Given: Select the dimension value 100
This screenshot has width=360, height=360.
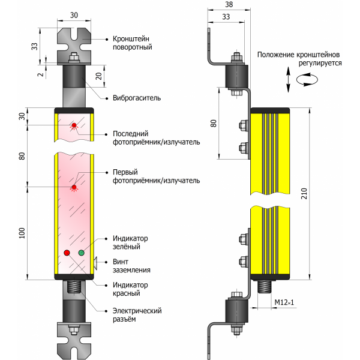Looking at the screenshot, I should point(22,233).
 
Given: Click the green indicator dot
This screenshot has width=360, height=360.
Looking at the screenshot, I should point(81,253).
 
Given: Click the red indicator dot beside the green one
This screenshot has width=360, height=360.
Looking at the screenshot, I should point(67,253).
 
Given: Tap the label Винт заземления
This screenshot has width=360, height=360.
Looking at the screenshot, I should point(131,266).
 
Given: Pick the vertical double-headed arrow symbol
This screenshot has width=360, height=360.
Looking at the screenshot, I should point(289,80).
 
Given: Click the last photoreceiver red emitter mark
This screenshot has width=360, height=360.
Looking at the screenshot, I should point(74,125).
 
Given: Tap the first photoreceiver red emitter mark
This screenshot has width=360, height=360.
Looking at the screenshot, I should point(74,187).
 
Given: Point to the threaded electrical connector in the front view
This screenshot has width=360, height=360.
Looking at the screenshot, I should point(75,287).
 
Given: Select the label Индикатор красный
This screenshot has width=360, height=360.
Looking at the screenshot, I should point(131,289).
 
